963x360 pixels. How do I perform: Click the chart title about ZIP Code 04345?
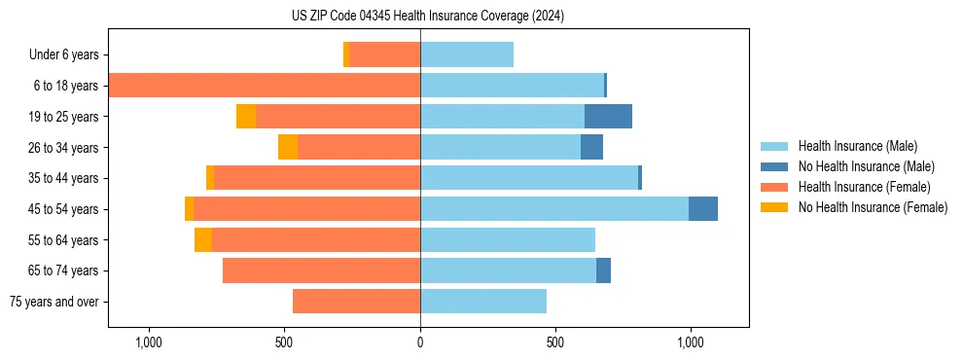[x=427, y=16]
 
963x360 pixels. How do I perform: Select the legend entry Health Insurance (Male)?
[x=851, y=146]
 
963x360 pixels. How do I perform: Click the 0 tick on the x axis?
[x=420, y=342]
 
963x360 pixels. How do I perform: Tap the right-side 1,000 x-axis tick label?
[x=691, y=342]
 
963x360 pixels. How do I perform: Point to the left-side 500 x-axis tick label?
[x=284, y=342]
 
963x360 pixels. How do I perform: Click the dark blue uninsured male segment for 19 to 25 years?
[x=608, y=117]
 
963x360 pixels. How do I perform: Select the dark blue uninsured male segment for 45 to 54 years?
[x=703, y=209]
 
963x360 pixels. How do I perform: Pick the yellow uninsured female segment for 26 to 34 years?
[x=288, y=147]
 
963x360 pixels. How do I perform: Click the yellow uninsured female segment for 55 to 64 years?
[x=203, y=240]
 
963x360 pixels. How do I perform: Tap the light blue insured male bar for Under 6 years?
[x=467, y=54]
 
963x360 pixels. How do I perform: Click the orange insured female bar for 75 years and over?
[x=356, y=302]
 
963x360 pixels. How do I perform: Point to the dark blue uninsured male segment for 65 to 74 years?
[x=603, y=270]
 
